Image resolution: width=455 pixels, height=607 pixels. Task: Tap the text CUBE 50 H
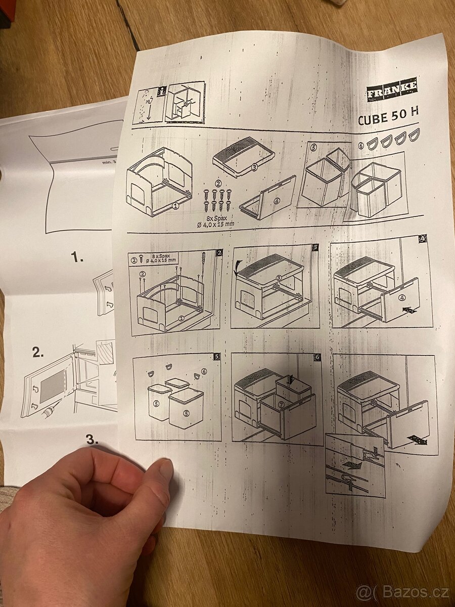[x=388, y=119]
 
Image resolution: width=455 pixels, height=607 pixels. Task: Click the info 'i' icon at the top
[x=162, y=92]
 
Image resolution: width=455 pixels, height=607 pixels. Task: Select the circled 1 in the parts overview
[x=175, y=206]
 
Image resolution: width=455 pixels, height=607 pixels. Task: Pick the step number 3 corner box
[x=315, y=247]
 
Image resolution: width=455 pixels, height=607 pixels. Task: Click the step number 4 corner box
[x=423, y=239]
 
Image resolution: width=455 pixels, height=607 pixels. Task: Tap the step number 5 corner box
[x=217, y=356]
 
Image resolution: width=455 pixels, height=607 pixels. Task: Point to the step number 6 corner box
[x=317, y=357]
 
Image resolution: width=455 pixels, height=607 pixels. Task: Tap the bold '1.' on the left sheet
[x=77, y=258]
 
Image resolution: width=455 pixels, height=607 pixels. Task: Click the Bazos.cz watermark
[x=402, y=591]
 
